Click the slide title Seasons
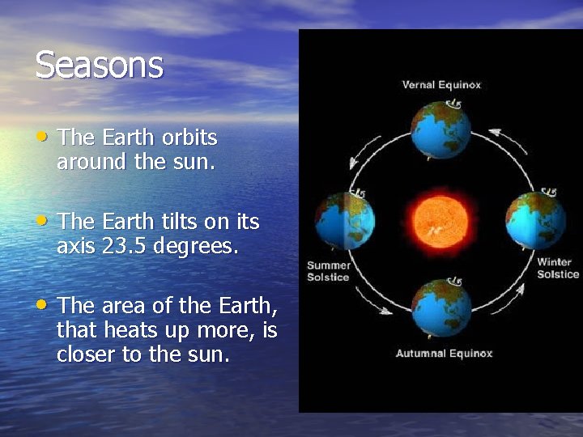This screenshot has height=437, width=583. click(99, 65)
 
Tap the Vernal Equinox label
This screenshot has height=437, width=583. click(441, 85)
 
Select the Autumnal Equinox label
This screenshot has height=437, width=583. click(444, 354)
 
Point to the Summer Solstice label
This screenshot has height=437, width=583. click(328, 271)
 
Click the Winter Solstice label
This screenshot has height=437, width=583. click(557, 268)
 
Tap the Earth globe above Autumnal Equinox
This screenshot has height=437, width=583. click(441, 308)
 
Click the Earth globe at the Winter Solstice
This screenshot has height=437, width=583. click(535, 220)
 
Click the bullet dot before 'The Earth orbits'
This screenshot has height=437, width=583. click(44, 137)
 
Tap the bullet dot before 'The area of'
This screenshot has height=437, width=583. click(44, 305)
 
